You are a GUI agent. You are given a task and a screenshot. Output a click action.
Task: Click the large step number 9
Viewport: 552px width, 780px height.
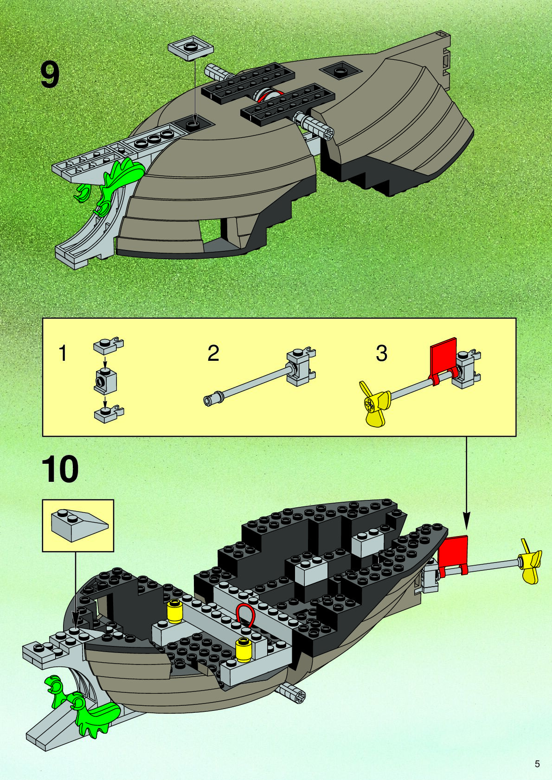(50, 75)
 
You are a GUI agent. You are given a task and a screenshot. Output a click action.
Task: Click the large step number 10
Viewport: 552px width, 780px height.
(60, 470)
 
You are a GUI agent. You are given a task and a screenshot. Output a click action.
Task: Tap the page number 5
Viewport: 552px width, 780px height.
(537, 764)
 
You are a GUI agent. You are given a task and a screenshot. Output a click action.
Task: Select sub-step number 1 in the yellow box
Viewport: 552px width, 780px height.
(63, 353)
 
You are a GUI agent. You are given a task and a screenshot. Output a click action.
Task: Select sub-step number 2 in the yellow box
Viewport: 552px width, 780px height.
(213, 353)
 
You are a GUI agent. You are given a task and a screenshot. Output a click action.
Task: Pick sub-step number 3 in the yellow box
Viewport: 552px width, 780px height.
(381, 353)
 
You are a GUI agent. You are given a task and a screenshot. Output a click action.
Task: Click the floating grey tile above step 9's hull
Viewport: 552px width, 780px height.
(191, 47)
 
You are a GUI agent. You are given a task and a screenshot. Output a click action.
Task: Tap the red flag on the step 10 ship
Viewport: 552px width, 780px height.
(454, 554)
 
